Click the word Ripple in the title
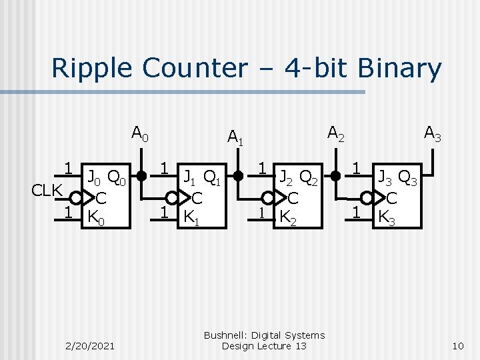tap(91, 69)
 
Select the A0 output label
tap(140, 133)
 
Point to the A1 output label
tap(236, 138)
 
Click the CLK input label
tap(48, 191)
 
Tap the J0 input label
tap(93, 177)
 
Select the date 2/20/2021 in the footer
tap(90, 345)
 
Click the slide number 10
tap(457, 345)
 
